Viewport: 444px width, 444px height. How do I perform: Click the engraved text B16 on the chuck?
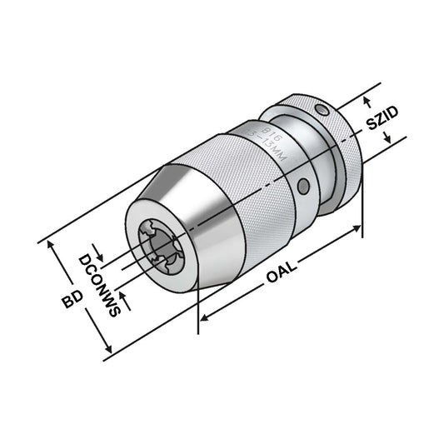(271, 132)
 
